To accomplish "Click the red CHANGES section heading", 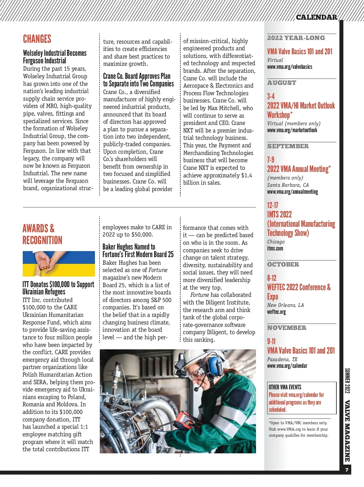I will [x=37, y=39].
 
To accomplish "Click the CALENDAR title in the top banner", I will [x=316, y=17].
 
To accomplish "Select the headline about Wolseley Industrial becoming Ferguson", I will [x=55, y=57].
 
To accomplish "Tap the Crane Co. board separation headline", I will [x=138, y=80].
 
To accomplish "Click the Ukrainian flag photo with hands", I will [x=59, y=264].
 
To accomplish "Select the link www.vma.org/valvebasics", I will [x=289, y=67].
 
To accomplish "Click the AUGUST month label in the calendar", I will [x=281, y=83].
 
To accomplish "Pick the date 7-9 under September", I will [x=271, y=160].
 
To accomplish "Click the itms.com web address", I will [x=275, y=248].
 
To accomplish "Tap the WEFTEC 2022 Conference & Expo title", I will [x=298, y=291].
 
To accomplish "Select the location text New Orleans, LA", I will [x=285, y=305].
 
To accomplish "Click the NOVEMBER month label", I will [x=287, y=328].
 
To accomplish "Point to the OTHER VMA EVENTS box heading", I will [x=285, y=387].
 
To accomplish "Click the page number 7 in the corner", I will [x=347, y=470].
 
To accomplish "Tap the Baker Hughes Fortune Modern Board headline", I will [x=138, y=250].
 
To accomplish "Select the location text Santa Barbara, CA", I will [x=288, y=185].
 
